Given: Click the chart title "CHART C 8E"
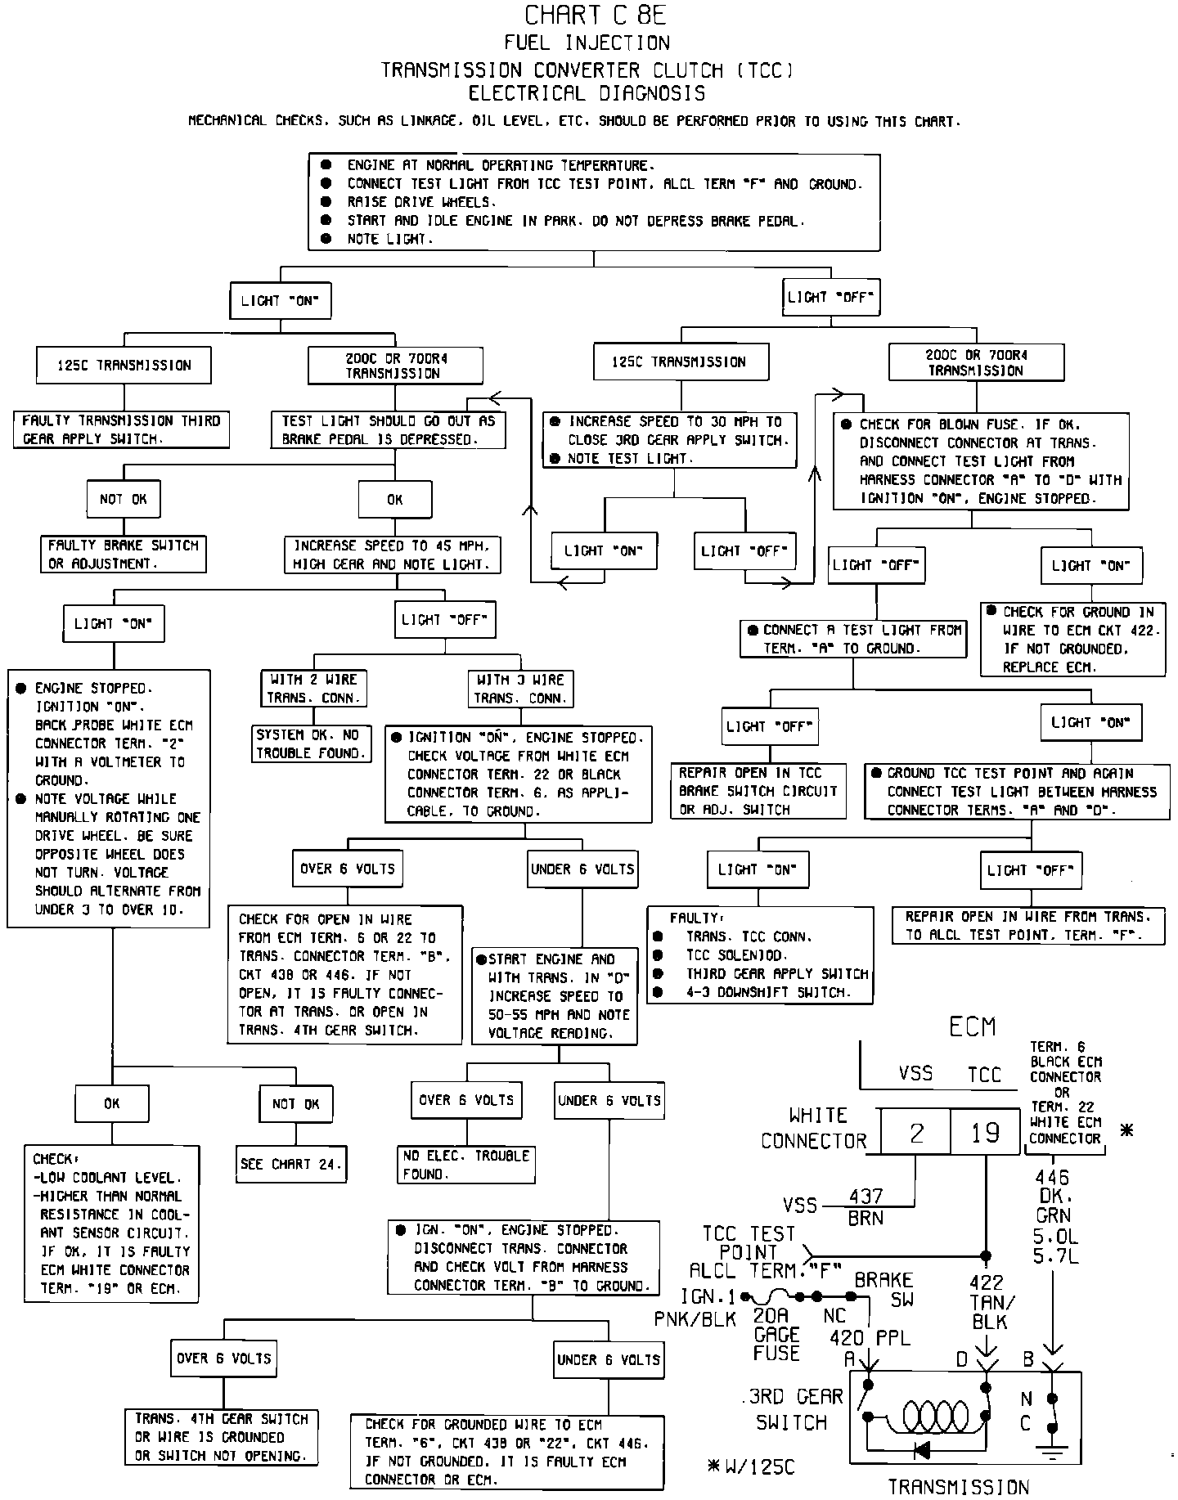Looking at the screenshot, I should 588,16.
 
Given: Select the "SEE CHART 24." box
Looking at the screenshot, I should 291,1164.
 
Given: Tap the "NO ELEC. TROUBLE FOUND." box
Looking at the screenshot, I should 466,1165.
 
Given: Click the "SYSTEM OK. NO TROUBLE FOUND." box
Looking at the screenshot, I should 310,743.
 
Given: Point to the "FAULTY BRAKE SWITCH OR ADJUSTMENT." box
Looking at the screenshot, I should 124,555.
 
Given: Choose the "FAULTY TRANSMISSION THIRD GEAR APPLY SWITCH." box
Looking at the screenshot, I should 121,429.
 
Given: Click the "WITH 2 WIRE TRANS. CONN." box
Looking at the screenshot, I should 312,689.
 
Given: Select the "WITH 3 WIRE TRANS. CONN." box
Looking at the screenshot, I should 520,689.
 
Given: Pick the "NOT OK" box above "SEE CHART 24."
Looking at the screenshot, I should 295,1104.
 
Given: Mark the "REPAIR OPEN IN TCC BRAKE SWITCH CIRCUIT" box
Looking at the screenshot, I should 758,791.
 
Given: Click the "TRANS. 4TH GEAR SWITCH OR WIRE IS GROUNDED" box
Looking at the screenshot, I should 222,1437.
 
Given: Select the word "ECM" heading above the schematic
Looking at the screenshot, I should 972,1026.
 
